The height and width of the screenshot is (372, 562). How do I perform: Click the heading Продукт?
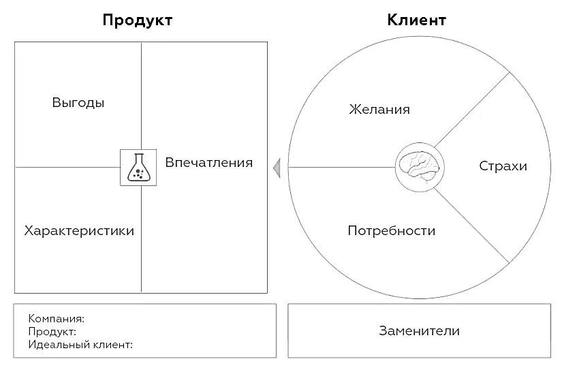137,20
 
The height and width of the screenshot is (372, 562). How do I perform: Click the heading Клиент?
416,20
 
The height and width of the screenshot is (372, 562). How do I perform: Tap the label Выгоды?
78,104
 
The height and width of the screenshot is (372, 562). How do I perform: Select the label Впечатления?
208,163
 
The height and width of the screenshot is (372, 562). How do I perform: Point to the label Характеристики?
79,231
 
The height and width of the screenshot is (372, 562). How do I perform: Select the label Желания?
379,110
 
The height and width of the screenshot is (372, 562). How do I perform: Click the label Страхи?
503,166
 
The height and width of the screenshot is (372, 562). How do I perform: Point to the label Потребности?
391,231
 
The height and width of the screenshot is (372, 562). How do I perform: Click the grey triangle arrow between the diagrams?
277,167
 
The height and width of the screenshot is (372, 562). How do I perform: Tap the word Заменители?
419,331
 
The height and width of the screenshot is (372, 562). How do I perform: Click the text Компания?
57,318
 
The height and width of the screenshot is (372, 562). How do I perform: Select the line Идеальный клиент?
80,345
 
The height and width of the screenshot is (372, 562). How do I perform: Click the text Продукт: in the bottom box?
52,332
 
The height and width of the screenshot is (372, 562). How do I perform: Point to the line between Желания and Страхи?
473,109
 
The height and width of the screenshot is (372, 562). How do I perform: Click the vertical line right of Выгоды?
142,95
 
